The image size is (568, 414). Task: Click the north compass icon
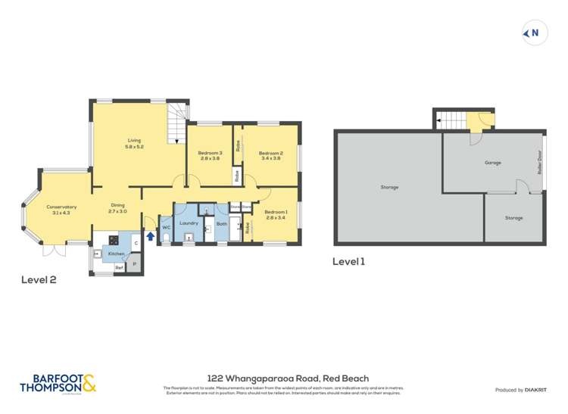pyautogui.click(x=532, y=33)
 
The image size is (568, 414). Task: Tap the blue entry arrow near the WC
pyautogui.click(x=149, y=236)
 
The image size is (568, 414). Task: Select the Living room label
pyautogui.click(x=134, y=141)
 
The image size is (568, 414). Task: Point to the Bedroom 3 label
pyautogui.click(x=211, y=154)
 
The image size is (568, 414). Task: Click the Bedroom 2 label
pyautogui.click(x=272, y=154)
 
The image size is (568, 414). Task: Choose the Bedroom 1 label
pyautogui.click(x=276, y=214)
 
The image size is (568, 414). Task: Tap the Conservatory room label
pyautogui.click(x=61, y=207)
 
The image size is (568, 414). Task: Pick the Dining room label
pyautogui.click(x=117, y=205)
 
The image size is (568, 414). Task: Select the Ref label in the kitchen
pyautogui.click(x=118, y=268)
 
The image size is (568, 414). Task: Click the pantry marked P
pyautogui.click(x=134, y=263)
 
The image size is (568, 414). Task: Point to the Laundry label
pyautogui.click(x=189, y=223)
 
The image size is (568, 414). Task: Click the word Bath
pyautogui.click(x=221, y=224)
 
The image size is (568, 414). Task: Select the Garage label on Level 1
pyautogui.click(x=492, y=163)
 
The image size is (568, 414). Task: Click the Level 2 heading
pyautogui.click(x=38, y=279)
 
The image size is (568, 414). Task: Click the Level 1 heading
pyautogui.click(x=349, y=262)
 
